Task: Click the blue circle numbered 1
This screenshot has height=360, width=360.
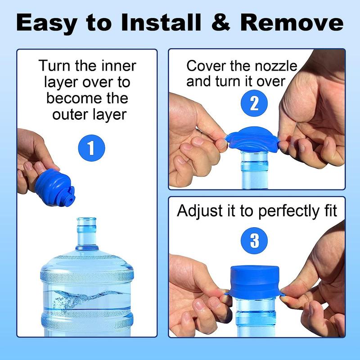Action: (91, 147)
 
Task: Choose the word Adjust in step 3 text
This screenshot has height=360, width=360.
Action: (198, 211)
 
